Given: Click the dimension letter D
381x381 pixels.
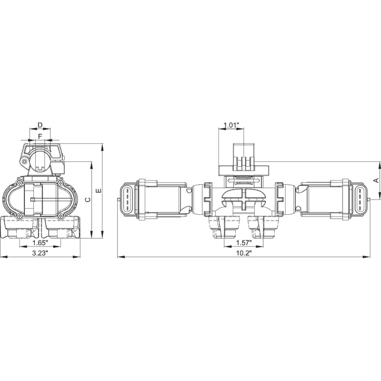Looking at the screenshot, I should click(x=40, y=125).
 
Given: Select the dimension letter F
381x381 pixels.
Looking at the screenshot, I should click(x=40, y=136).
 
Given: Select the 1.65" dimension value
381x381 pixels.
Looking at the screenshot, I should click(x=40, y=243).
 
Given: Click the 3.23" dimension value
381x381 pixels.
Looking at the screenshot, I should click(x=40, y=253).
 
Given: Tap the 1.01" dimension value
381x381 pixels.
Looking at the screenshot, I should click(x=231, y=125).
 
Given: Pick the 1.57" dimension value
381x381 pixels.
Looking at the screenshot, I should click(x=243, y=243).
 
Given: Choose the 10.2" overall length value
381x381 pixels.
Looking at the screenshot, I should click(x=243, y=253).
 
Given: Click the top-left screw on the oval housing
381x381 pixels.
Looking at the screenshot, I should click(x=19, y=183).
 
